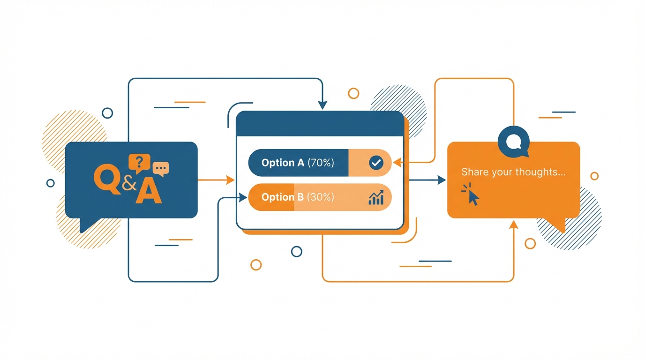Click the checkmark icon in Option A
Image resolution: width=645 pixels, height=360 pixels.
pyautogui.click(x=376, y=163)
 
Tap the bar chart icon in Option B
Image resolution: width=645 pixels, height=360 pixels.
pyautogui.click(x=376, y=197)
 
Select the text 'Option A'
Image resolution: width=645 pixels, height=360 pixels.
pyautogui.click(x=283, y=163)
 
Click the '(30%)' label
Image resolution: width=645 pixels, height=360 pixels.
pyautogui.click(x=321, y=197)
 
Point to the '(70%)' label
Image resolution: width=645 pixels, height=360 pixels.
pyautogui.click(x=321, y=163)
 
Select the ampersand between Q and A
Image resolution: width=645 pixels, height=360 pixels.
pyautogui.click(x=129, y=183)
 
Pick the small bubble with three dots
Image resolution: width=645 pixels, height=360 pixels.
pyautogui.click(x=161, y=168)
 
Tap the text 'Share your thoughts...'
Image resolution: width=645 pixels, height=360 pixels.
pyautogui.click(x=513, y=172)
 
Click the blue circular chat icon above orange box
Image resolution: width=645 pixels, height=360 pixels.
pyautogui.click(x=514, y=141)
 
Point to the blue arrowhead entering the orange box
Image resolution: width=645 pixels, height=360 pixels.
pyautogui.click(x=441, y=180)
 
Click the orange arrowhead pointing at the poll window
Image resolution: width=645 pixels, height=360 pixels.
pyautogui.click(x=230, y=180)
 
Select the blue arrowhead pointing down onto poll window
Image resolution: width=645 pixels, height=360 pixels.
pyautogui.click(x=322, y=105)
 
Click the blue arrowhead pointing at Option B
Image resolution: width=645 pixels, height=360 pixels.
pyautogui.click(x=243, y=198)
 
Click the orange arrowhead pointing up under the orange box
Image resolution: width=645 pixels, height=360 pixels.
pyautogui.click(x=514, y=225)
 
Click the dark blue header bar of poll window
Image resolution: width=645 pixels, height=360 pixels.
pyautogui.click(x=320, y=124)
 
